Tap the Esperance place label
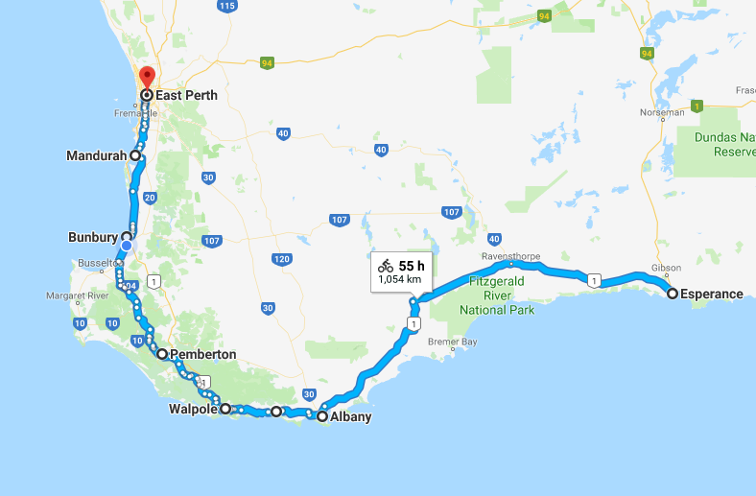pos(711,295)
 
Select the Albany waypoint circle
pos(322,416)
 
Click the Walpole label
pos(191,410)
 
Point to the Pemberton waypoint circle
pos(162,354)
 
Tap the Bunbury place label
pos(92,236)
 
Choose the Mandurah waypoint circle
pos(135,154)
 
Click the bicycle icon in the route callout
pos(386,266)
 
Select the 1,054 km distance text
pos(400,279)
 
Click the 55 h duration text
pos(413,266)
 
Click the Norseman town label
pos(661,112)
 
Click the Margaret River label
pos(83,295)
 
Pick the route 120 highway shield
pos(281,259)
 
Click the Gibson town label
pos(666,268)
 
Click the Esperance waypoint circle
pos(673,294)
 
